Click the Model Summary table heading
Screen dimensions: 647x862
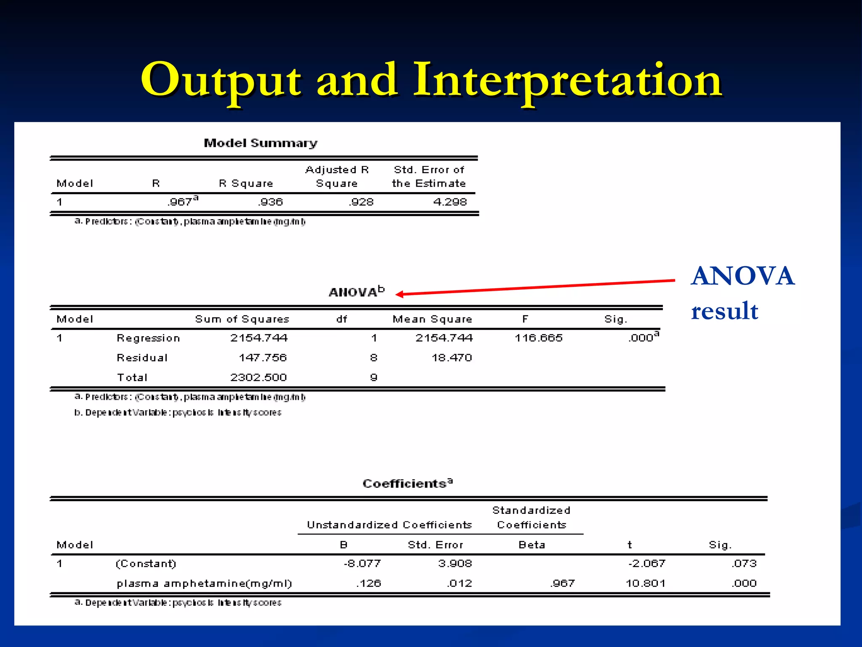[261, 143]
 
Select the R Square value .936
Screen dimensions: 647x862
[271, 202]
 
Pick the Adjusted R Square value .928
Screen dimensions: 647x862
[362, 202]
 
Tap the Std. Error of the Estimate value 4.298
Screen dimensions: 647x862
[450, 202]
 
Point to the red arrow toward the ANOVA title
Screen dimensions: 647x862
[535, 287]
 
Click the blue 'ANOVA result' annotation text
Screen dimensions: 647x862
[742, 293]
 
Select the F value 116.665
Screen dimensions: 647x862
[538, 338]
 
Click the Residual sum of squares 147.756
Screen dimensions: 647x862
[263, 358]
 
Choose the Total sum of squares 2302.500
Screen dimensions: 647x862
[258, 377]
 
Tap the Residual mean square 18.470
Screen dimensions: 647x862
[452, 358]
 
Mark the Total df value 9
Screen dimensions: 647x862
[373, 377]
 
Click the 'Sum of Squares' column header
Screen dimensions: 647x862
[242, 319]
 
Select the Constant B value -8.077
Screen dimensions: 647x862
[362, 564]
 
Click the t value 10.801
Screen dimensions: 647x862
[645, 583]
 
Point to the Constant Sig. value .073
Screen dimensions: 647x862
[744, 564]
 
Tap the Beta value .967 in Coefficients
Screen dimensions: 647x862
[562, 583]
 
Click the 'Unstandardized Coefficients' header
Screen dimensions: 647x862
[389, 525]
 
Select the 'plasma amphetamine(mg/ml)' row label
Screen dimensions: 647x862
[204, 583]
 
